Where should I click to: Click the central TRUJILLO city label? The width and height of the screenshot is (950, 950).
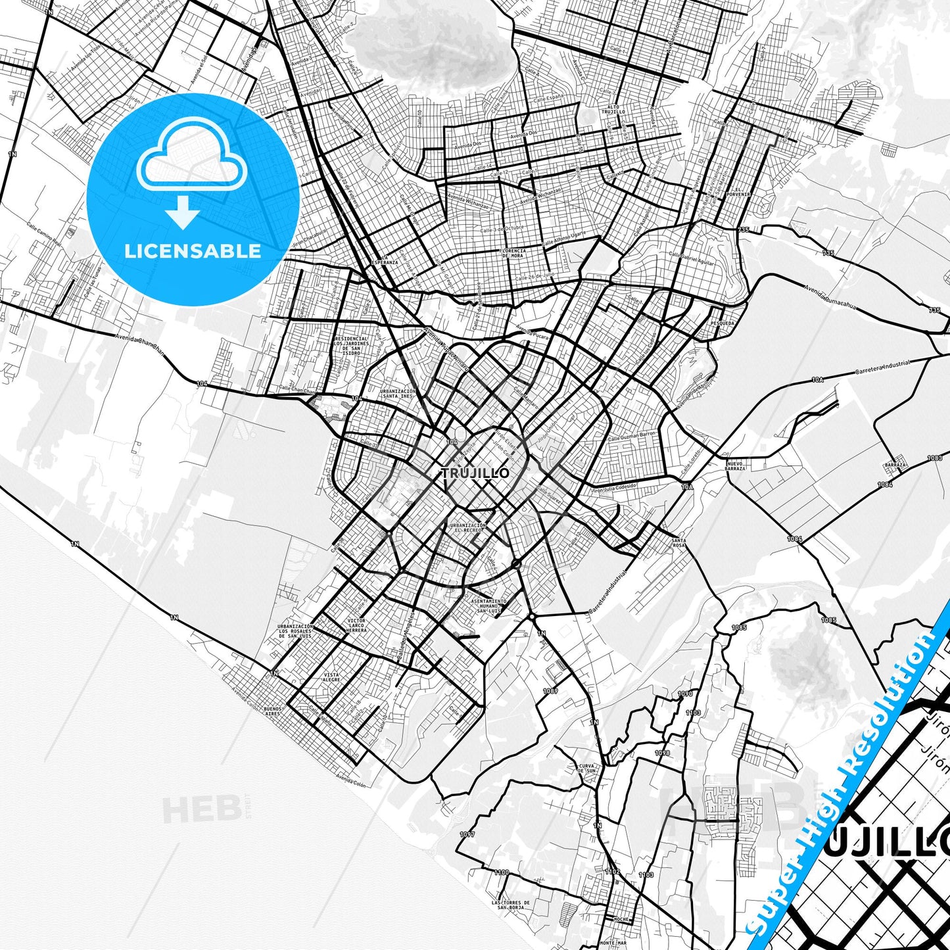pos(475,473)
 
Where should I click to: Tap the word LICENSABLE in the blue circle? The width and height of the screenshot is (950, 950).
pos(193,251)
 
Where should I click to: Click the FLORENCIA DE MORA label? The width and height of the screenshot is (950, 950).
pos(513,253)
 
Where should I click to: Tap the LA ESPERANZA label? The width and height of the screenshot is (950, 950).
pos(385,260)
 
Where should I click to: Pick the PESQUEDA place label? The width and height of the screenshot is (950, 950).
pos(722,323)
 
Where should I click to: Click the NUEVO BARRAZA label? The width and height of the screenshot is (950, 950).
pos(735,466)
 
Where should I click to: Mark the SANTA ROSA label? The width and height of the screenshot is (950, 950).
pos(678,543)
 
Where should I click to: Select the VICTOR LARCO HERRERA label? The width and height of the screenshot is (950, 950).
pos(357,625)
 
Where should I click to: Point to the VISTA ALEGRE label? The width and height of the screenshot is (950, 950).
pos(331,677)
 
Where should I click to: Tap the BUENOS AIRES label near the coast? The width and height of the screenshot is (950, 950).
pos(272,712)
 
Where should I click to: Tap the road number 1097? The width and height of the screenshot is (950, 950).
pos(467,834)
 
